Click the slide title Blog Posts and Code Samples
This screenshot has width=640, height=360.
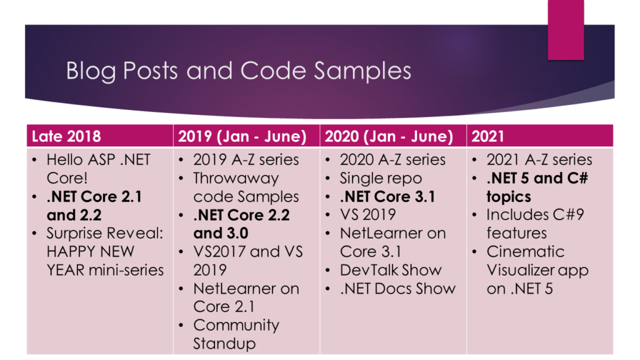point(238,71)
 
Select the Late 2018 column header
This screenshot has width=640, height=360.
point(66,136)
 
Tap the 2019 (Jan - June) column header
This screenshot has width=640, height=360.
point(242,136)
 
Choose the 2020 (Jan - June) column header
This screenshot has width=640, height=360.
point(389,136)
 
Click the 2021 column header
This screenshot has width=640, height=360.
point(487,136)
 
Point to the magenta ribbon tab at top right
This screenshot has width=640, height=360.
point(566,30)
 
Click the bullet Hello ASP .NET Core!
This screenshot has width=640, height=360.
point(98,169)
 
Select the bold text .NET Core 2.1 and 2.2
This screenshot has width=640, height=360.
point(94,206)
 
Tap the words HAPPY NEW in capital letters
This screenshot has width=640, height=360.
point(90,251)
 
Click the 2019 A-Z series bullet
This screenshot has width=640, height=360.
point(246,159)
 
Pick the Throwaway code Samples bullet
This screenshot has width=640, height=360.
point(246,187)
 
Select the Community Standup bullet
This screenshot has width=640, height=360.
point(236,334)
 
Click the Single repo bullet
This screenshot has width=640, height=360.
point(381,178)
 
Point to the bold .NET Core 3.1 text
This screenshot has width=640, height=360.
point(387,197)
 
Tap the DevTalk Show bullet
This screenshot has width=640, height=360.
point(391,270)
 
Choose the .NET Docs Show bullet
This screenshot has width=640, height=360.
point(397,289)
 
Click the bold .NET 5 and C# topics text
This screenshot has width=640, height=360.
point(537,187)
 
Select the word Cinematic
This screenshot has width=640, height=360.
point(525,251)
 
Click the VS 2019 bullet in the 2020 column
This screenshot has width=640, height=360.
point(367,215)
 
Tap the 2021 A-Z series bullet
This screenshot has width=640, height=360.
point(539,159)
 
